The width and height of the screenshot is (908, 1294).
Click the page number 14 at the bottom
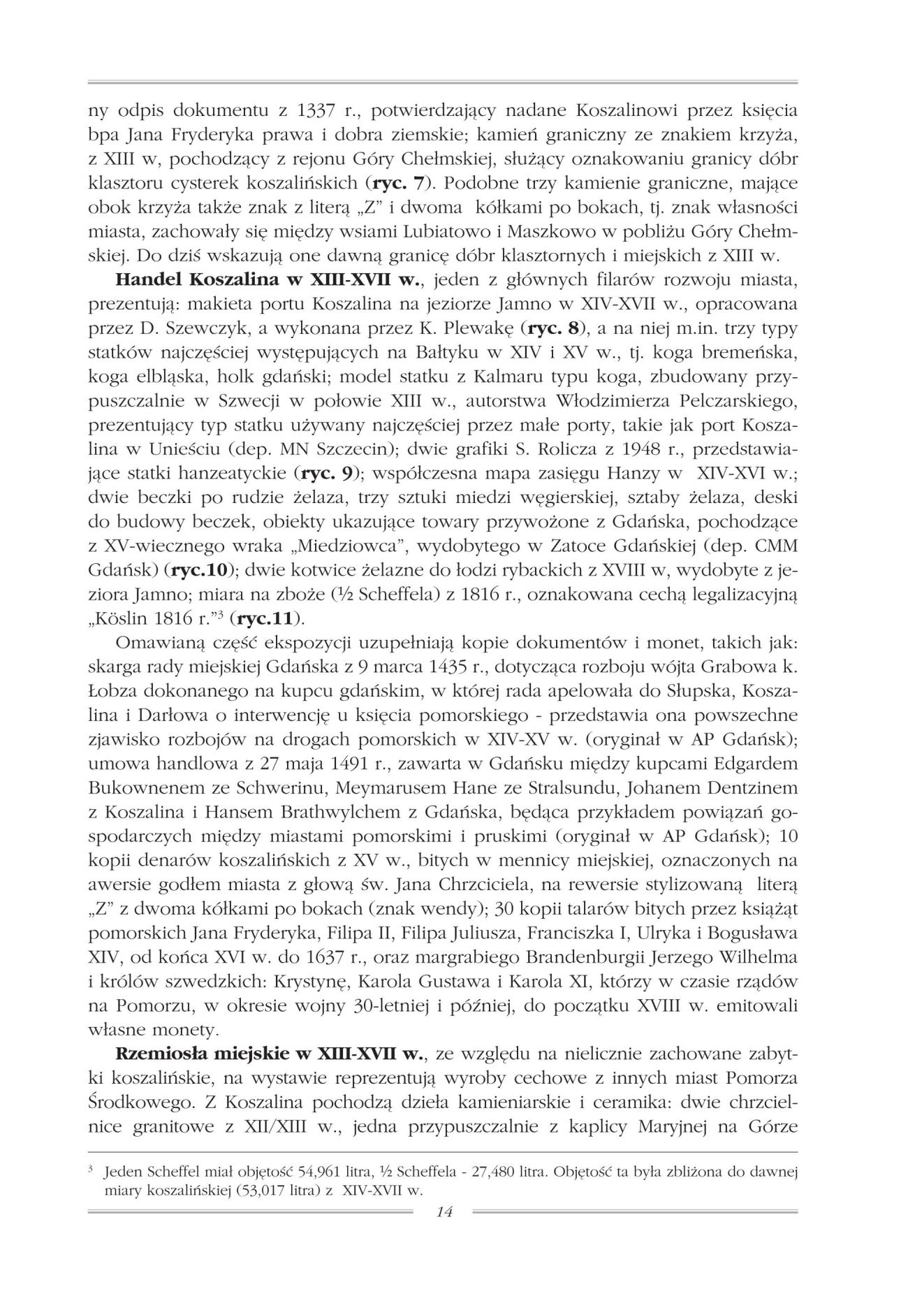tap(444, 1212)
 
